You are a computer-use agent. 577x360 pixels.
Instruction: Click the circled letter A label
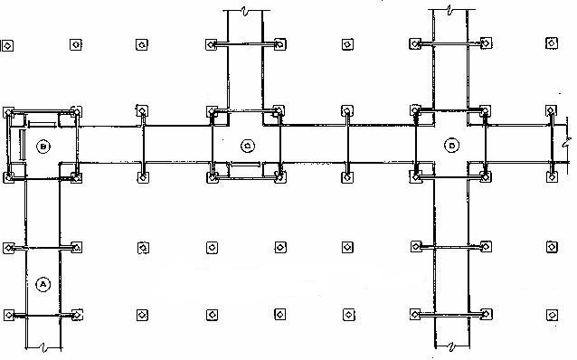tap(42, 283)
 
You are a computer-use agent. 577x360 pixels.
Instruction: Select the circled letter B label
tap(42, 145)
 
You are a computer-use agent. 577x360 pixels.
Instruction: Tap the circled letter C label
tap(246, 145)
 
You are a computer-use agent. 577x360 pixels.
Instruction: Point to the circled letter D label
tap(449, 145)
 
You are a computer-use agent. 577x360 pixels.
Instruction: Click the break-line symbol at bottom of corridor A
tap(42, 349)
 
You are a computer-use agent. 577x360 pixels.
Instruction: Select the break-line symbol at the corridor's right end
tap(564, 143)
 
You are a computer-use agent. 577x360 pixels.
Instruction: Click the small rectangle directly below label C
tap(245, 166)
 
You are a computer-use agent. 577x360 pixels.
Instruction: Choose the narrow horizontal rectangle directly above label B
tap(42, 120)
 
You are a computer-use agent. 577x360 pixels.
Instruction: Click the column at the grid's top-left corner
tap(8, 44)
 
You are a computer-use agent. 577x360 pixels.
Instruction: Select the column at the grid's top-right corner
tap(552, 43)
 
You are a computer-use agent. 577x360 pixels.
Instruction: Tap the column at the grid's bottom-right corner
tap(552, 315)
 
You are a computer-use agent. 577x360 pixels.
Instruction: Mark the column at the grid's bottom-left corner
tap(8, 315)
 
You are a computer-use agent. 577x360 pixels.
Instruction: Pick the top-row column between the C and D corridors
tap(347, 44)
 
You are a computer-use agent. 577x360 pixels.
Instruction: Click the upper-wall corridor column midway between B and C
tap(142, 111)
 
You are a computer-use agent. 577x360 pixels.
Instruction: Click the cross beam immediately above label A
tap(42, 247)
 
